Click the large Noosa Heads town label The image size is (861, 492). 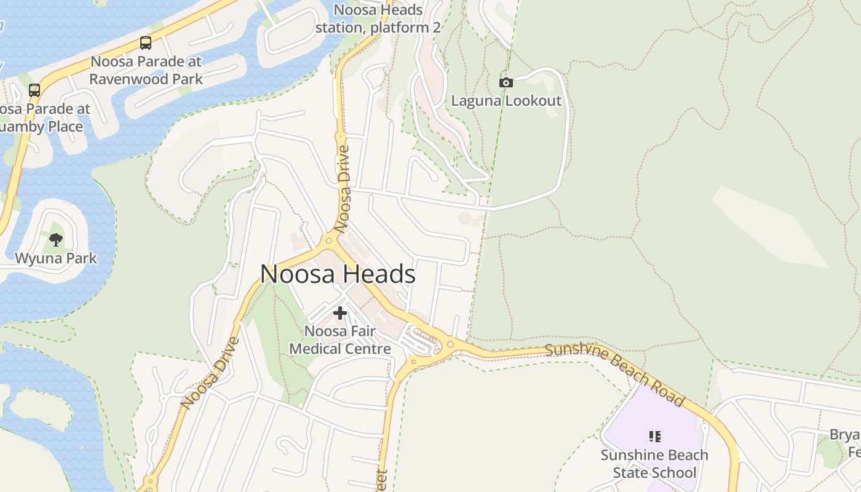[x=338, y=274]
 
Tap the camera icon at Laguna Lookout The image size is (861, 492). [x=506, y=82]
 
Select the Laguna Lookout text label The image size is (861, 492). [x=506, y=101]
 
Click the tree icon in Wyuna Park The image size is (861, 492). [x=56, y=239]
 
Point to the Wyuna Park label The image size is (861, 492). [x=56, y=258]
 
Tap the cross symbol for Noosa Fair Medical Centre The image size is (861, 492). [x=339, y=313]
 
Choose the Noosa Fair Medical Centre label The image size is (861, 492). [x=339, y=340]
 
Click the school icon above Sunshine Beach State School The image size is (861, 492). [x=654, y=437]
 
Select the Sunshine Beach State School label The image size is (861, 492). [x=654, y=464]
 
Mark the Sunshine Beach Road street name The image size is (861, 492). [x=614, y=374]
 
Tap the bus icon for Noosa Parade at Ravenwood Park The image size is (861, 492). [x=145, y=43]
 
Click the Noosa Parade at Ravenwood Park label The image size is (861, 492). [x=146, y=70]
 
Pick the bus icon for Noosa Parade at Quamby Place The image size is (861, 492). [x=34, y=90]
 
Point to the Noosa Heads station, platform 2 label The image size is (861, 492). [x=378, y=19]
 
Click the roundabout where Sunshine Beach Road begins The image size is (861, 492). [x=450, y=344]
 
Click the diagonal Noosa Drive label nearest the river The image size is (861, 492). [x=210, y=373]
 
